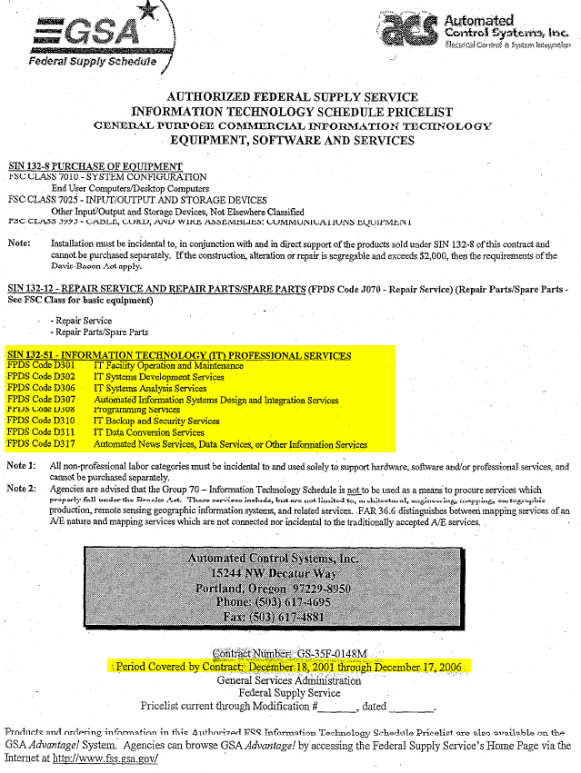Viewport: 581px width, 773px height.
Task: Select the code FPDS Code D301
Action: click(x=41, y=366)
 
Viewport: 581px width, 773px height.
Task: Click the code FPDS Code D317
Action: click(x=41, y=445)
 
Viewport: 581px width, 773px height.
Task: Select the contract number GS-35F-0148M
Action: click(x=334, y=653)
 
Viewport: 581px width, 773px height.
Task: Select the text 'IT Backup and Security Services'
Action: click(x=156, y=421)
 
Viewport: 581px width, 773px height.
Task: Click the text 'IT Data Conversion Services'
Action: click(x=149, y=433)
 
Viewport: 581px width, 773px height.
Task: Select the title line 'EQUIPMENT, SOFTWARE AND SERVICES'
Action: click(x=292, y=140)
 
